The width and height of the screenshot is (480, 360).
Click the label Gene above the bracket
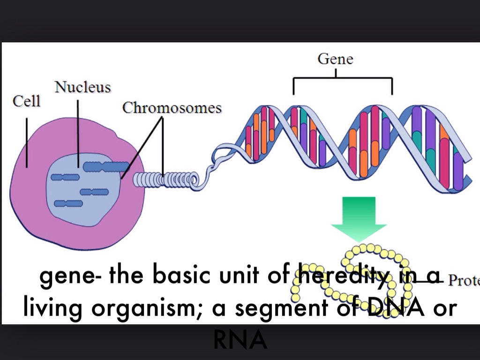(335, 59)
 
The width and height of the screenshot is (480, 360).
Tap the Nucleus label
(82, 87)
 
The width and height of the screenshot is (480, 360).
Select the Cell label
(26, 101)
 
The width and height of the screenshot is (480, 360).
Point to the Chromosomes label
(172, 108)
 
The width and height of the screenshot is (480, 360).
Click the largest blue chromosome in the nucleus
(106, 166)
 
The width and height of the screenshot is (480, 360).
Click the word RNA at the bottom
(240, 341)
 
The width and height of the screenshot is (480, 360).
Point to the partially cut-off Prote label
(464, 280)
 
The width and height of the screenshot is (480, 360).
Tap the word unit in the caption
(239, 277)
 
